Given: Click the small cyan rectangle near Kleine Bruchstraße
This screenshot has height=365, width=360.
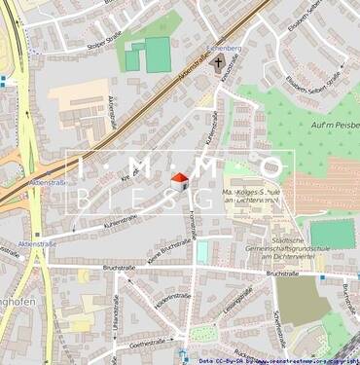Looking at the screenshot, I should click(x=202, y=251).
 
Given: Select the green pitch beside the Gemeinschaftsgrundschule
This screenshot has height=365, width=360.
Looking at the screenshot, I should click(x=332, y=234).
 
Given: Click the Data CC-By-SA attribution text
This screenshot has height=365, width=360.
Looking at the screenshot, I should click(x=276, y=358).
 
